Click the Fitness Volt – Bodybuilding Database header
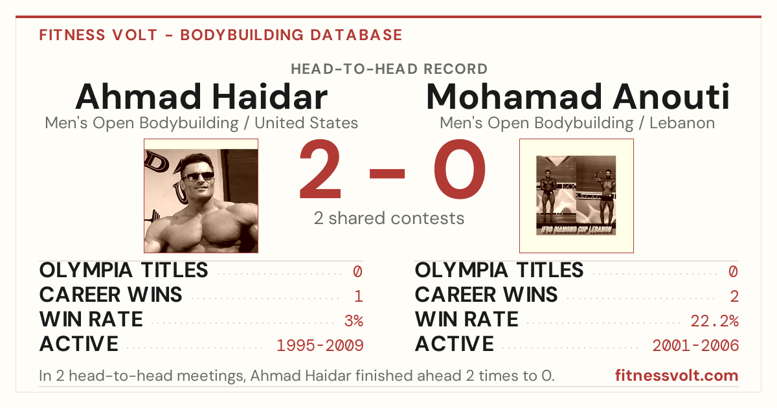pos(221,35)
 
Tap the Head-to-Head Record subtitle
pos(389,69)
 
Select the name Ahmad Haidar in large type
pos(201,96)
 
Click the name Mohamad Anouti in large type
pos(577,96)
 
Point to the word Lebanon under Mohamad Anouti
pos(682,123)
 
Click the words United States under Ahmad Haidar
pos(306,123)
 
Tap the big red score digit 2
pos(320,169)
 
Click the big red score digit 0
pos(460,169)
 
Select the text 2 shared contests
pos(389,218)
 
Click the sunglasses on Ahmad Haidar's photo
pos(198,176)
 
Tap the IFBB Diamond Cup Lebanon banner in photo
pos(576,230)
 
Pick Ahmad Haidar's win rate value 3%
pos(354,321)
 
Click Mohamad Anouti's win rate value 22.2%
pos(714,321)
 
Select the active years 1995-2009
pos(320,345)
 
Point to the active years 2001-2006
pos(695,345)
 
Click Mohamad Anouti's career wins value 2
pos(734,296)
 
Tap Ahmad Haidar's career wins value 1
pos(359,296)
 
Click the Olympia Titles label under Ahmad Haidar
pos(124,270)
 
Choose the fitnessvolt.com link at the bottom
pos(677,376)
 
